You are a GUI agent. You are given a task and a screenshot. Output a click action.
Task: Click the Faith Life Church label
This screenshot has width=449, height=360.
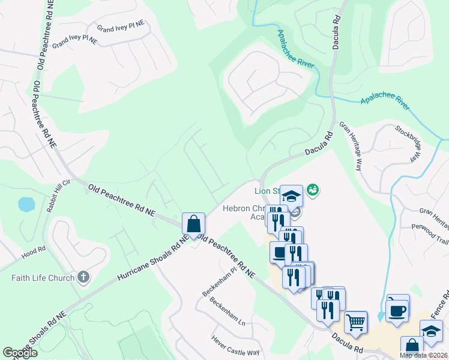[x=43, y=278]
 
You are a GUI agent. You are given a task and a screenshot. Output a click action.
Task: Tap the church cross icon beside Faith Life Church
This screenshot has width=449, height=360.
[x=83, y=277]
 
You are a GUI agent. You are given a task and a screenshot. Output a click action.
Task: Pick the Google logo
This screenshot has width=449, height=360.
[x=20, y=353]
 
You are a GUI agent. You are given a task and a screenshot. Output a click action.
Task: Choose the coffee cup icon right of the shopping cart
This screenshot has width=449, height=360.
[x=397, y=310]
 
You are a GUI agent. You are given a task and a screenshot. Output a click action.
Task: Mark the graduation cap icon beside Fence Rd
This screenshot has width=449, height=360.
[x=431, y=331]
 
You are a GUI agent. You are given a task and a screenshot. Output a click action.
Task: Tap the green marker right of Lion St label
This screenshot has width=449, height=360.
[x=313, y=190]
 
